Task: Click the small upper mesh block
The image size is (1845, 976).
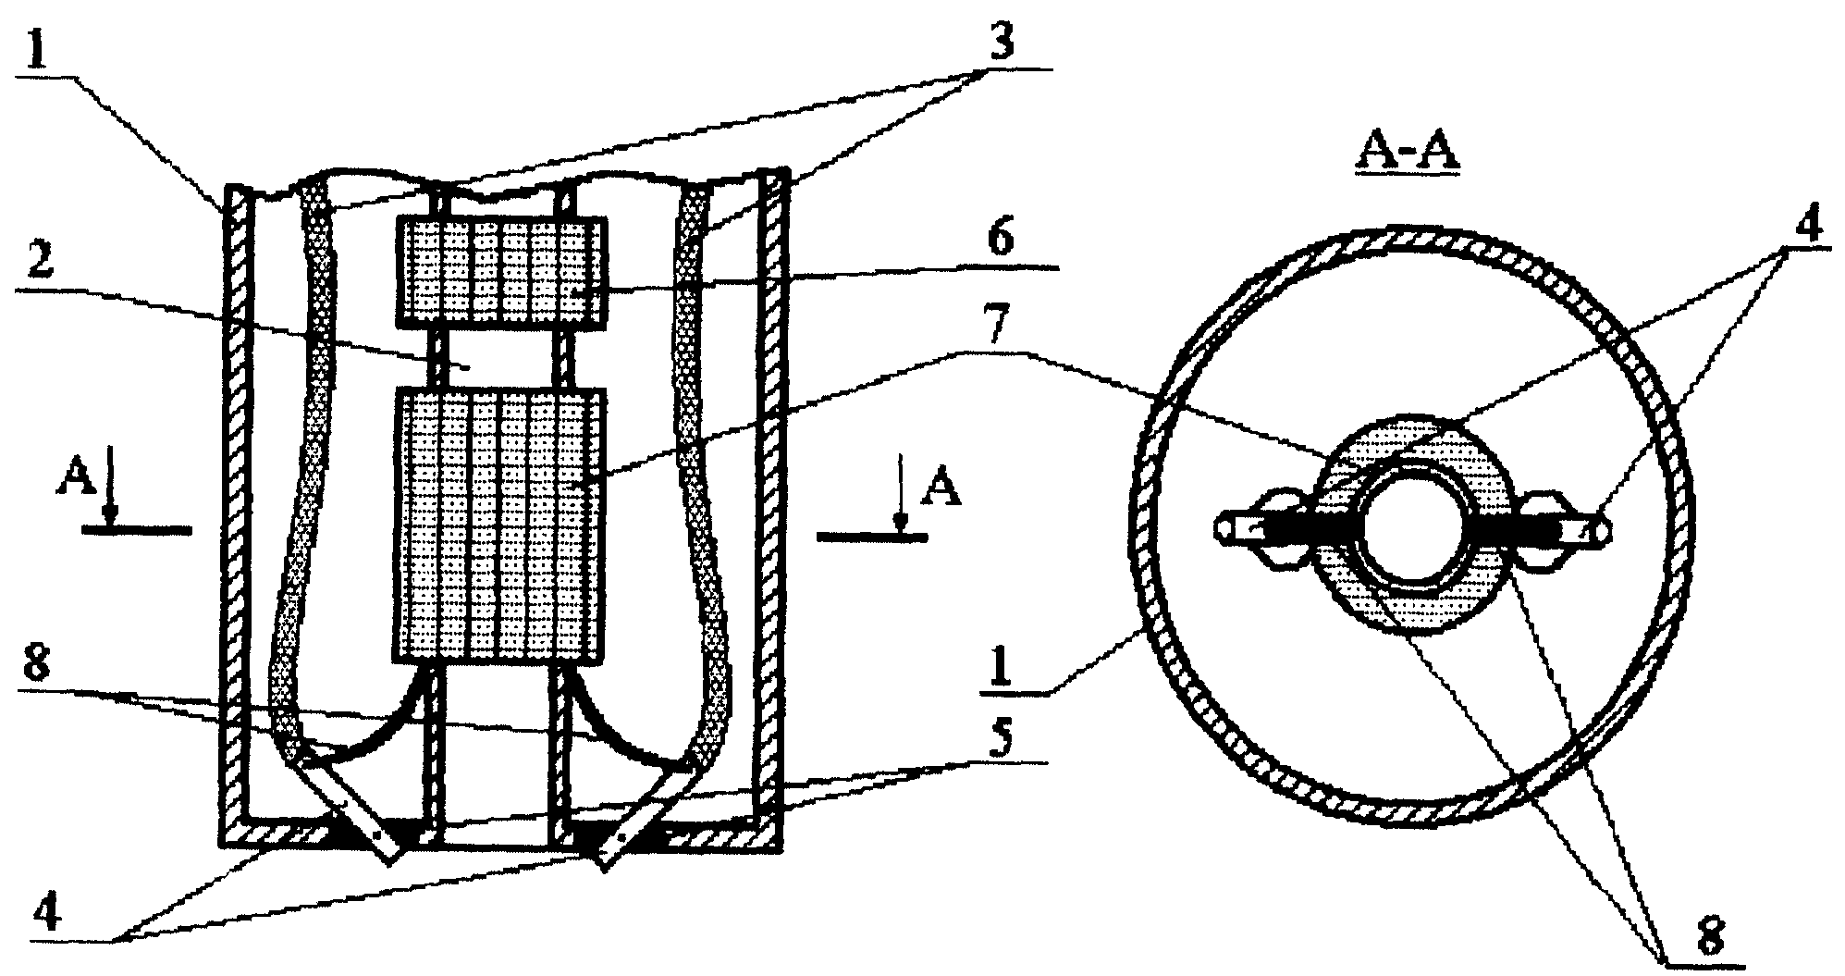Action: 502,272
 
